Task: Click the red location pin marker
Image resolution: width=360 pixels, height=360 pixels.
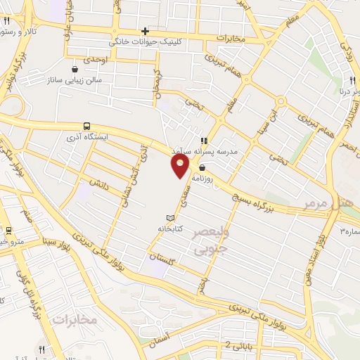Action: [181, 165]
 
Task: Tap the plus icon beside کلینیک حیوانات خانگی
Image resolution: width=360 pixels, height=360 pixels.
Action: [146, 31]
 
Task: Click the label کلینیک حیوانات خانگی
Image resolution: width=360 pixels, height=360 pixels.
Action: [143, 42]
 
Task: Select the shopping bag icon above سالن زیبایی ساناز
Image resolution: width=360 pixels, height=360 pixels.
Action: [75, 69]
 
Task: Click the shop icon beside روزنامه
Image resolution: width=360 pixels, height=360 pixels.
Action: [202, 167]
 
